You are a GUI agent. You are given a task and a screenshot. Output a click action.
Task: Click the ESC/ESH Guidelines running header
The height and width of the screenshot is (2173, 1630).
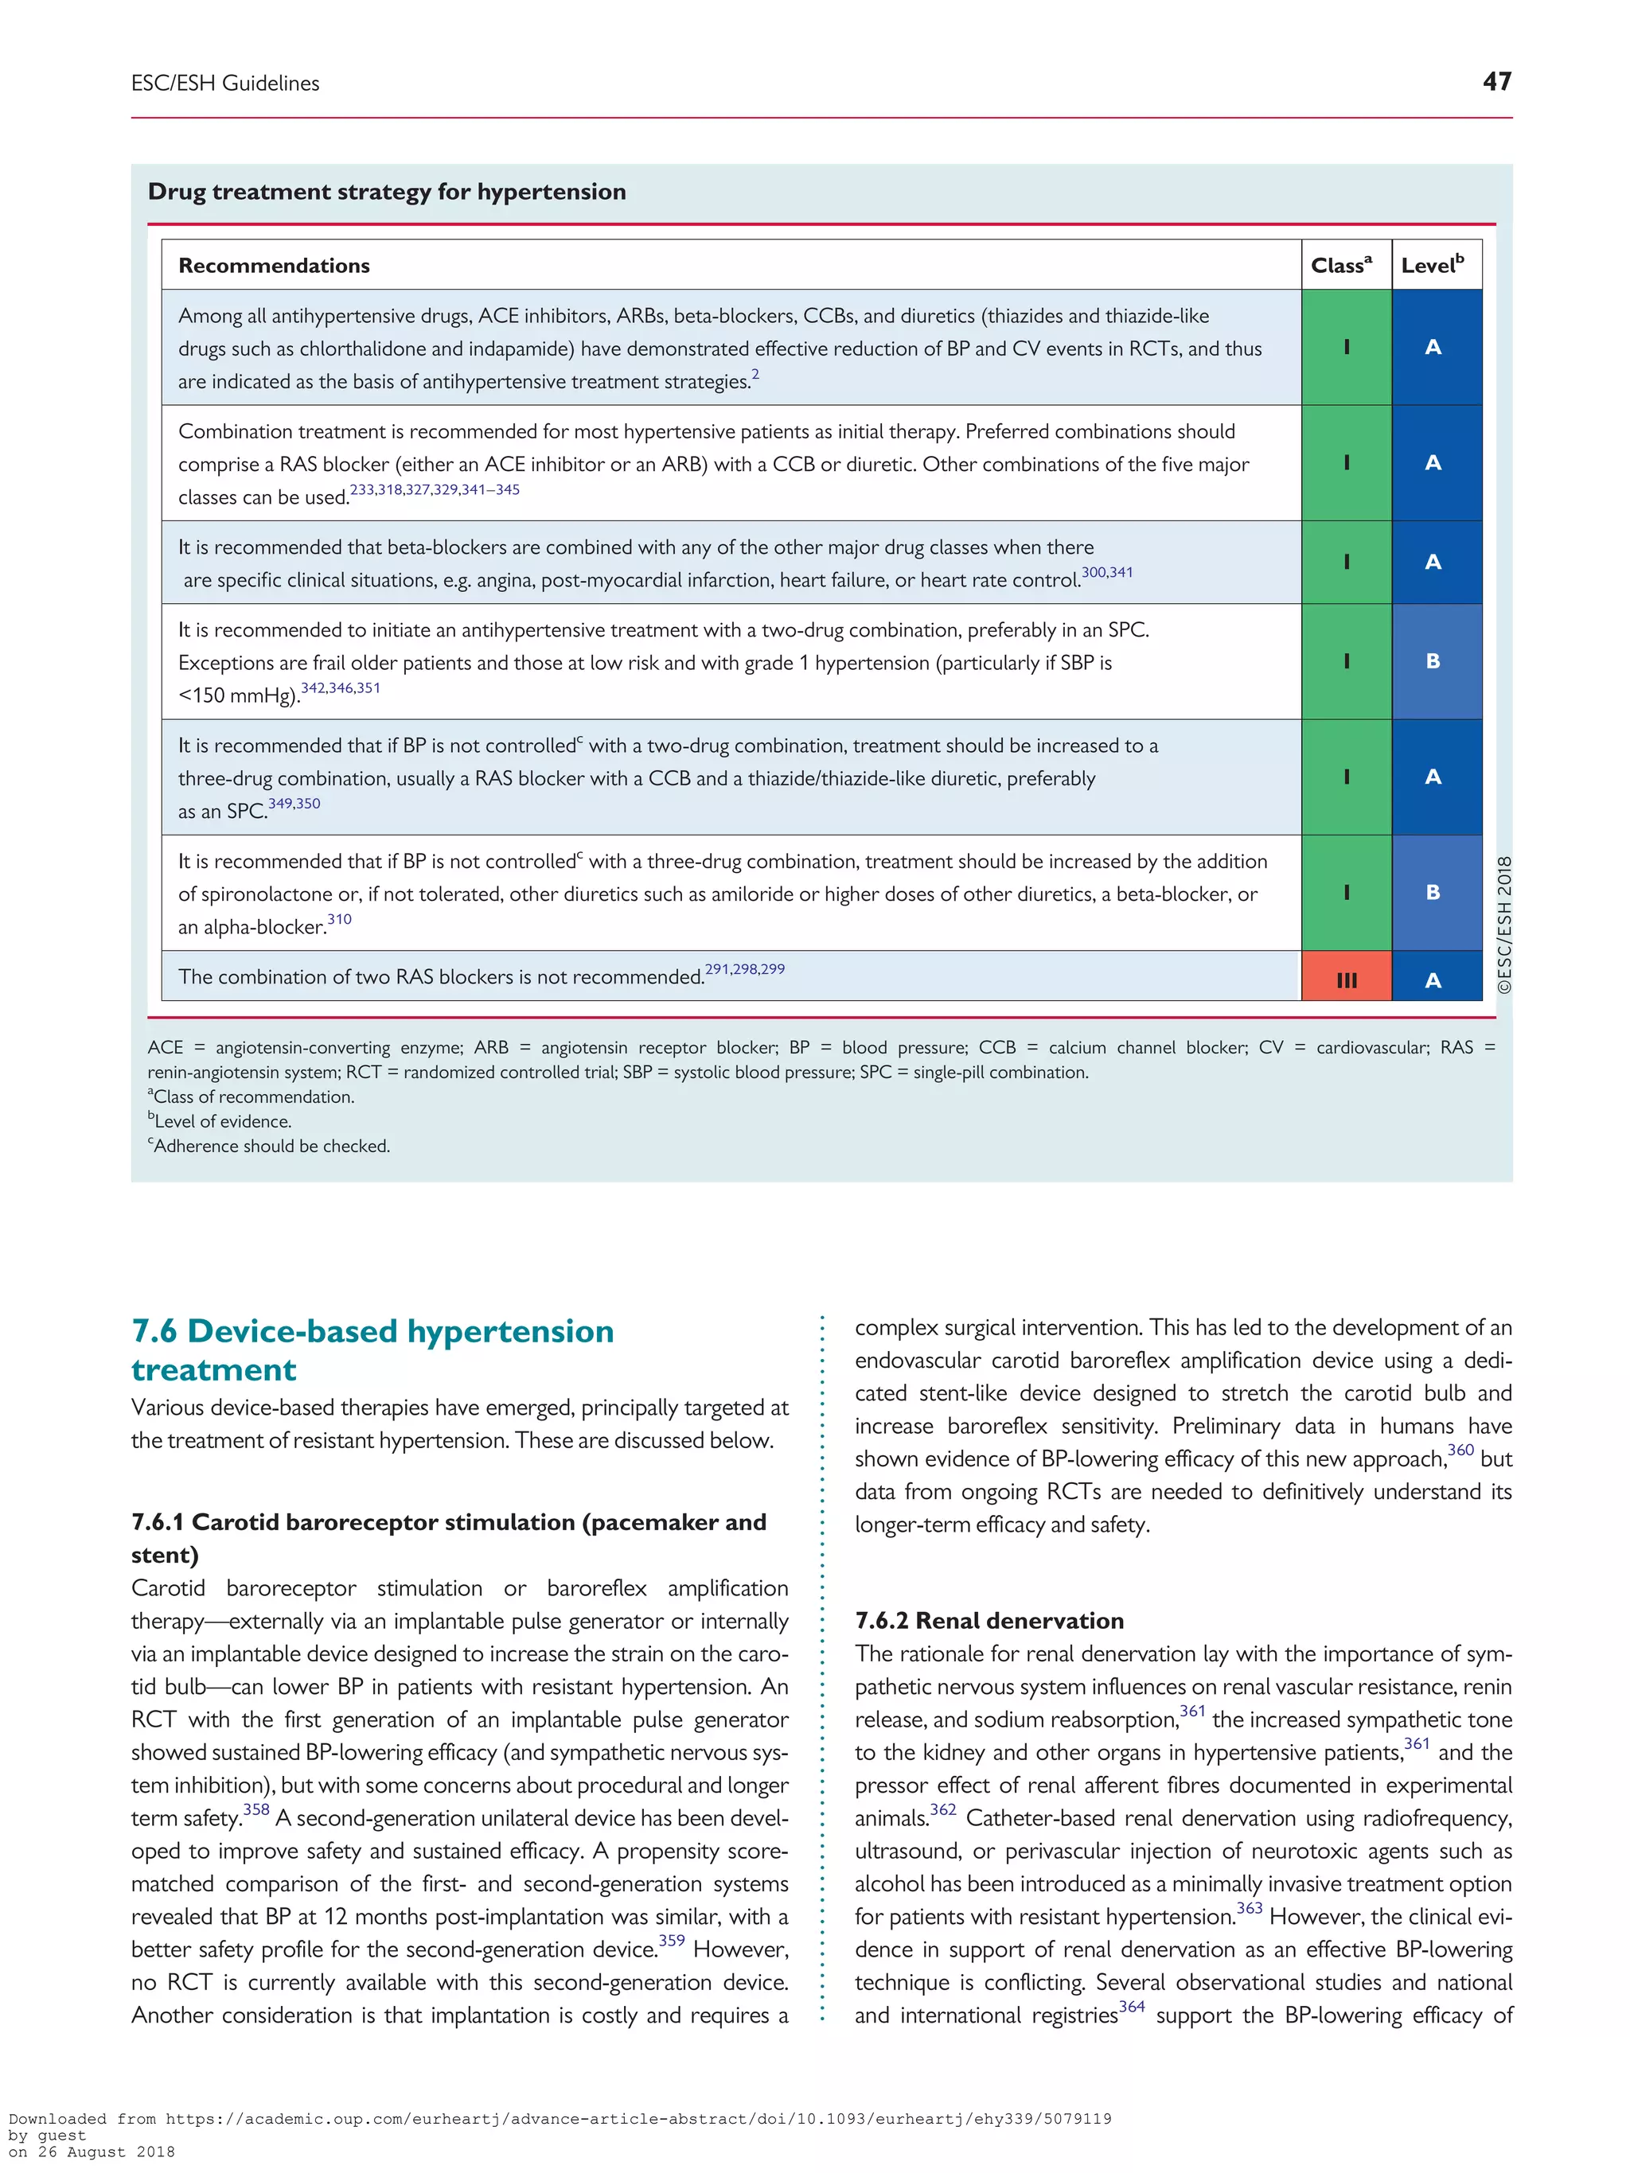pos(225,84)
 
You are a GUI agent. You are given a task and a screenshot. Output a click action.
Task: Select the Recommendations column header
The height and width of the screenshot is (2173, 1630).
pos(273,265)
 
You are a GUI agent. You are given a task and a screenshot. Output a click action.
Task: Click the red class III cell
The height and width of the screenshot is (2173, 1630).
pos(1345,979)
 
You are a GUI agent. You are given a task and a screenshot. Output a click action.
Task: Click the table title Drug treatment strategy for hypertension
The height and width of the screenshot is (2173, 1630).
pos(386,192)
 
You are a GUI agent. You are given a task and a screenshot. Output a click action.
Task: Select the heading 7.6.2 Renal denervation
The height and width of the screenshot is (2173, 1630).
pos(989,1620)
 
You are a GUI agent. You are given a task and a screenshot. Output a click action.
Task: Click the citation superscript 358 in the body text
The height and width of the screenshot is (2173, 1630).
pos(255,1809)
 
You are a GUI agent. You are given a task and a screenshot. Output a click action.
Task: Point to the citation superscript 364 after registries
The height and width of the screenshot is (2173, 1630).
pos(1132,2006)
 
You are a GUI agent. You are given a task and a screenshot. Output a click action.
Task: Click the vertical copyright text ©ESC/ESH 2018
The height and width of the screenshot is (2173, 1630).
pos(1503,924)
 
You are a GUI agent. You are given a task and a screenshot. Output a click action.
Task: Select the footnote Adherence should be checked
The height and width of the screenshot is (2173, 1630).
pos(269,1146)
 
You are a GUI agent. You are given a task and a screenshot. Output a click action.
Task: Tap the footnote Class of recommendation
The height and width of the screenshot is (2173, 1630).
pos(252,1096)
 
